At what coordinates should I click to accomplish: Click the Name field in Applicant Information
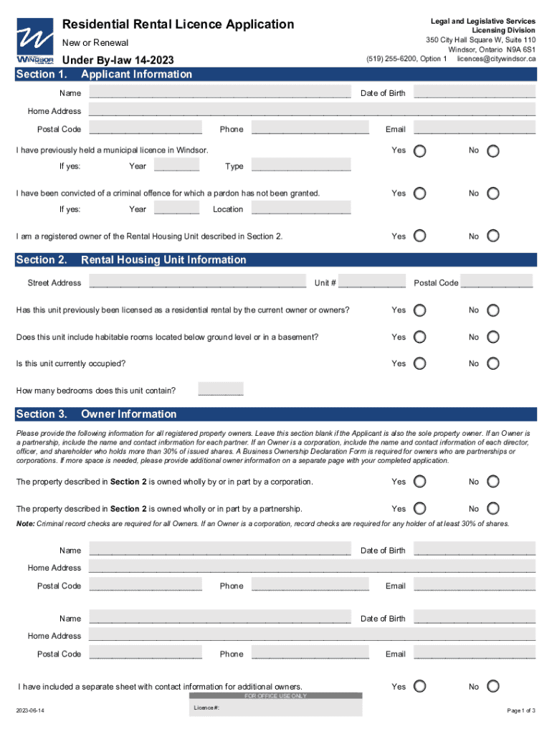[220, 92]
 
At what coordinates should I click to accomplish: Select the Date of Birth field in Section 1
[475, 92]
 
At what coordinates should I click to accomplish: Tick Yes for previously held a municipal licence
[420, 151]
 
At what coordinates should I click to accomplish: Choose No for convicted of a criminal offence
[494, 194]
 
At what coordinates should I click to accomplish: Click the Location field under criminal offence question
[301, 209]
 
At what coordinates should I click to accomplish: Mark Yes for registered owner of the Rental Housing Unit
[420, 237]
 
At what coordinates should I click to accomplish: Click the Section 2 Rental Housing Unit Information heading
[163, 259]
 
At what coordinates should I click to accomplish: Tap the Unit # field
[371, 282]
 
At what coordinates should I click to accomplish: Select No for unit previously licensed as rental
[494, 310]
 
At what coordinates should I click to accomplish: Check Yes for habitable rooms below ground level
[420, 338]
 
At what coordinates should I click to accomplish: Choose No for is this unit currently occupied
[494, 364]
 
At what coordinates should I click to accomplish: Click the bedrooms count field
[221, 390]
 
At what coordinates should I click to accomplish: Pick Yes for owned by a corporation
[420, 482]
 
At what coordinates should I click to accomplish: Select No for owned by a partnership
[494, 509]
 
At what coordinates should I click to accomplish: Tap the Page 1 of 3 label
[520, 710]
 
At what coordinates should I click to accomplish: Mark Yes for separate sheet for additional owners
[420, 687]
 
